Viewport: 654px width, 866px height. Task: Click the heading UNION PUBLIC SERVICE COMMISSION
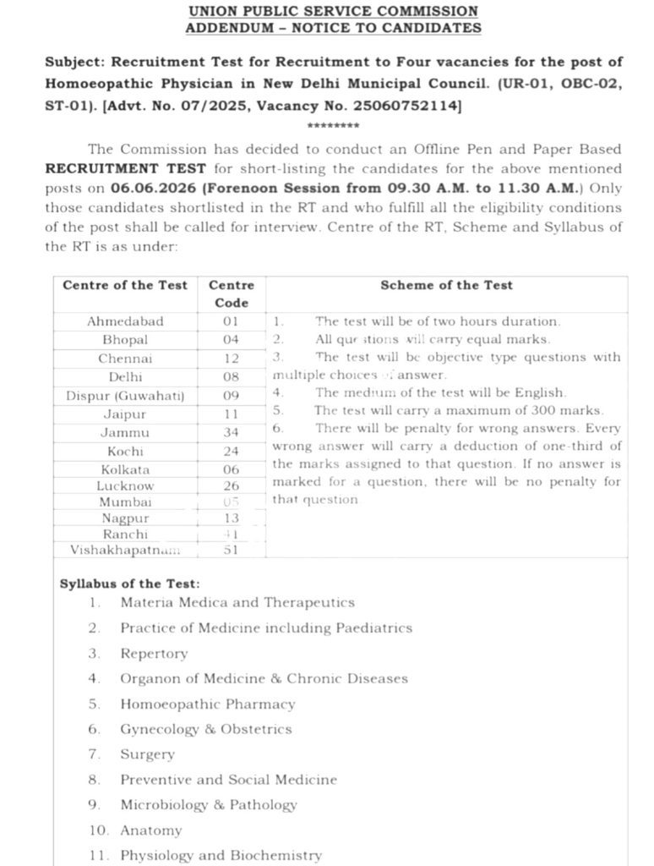(x=333, y=12)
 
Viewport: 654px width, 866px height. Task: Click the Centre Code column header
(x=231, y=294)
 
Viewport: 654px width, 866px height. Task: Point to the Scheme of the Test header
(x=446, y=285)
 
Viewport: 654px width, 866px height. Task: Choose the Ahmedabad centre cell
(x=125, y=321)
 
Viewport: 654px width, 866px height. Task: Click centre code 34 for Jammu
(x=231, y=432)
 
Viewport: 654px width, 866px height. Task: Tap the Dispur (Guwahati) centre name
(x=125, y=395)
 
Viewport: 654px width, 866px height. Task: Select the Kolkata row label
(x=125, y=469)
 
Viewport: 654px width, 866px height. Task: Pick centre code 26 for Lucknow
(x=231, y=486)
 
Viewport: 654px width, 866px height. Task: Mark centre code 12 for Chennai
(x=231, y=359)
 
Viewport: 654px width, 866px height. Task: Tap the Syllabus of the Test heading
(x=130, y=584)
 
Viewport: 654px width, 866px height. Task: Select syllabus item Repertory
(x=154, y=654)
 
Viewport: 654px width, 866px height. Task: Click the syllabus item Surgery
(x=147, y=754)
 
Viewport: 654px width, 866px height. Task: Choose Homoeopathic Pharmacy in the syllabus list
(x=208, y=704)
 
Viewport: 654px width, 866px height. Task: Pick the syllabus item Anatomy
(x=150, y=830)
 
